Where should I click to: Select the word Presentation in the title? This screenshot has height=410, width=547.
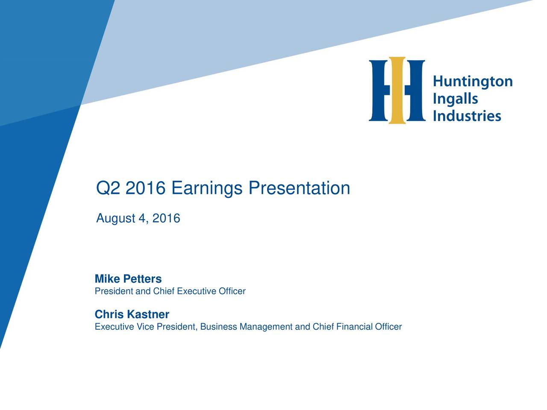[299, 188]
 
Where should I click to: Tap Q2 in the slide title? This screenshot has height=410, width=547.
[108, 188]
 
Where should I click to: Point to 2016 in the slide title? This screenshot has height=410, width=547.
[145, 188]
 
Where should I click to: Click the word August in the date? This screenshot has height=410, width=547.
[115, 219]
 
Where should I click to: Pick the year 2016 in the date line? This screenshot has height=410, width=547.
[166, 219]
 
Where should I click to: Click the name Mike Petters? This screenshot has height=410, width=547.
[128, 279]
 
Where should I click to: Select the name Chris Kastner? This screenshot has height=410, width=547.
[132, 315]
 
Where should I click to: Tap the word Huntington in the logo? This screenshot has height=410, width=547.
[473, 82]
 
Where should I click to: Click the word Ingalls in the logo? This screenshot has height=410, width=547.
[455, 99]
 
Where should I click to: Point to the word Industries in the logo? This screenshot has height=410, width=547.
[467, 116]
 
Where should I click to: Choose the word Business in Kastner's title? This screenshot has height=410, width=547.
[218, 327]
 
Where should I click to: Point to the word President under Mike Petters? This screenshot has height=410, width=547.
[108, 292]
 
